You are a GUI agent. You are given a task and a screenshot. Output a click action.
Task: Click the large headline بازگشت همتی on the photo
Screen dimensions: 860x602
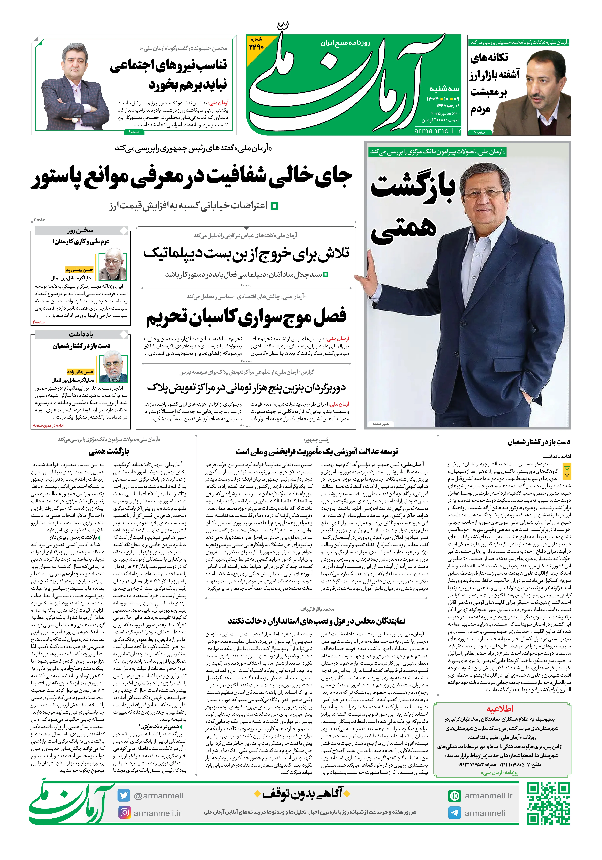[412, 206]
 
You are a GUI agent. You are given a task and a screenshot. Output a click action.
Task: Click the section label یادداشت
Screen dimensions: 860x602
[81, 334]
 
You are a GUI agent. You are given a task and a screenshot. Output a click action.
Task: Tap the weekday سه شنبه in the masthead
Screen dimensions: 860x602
[444, 89]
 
